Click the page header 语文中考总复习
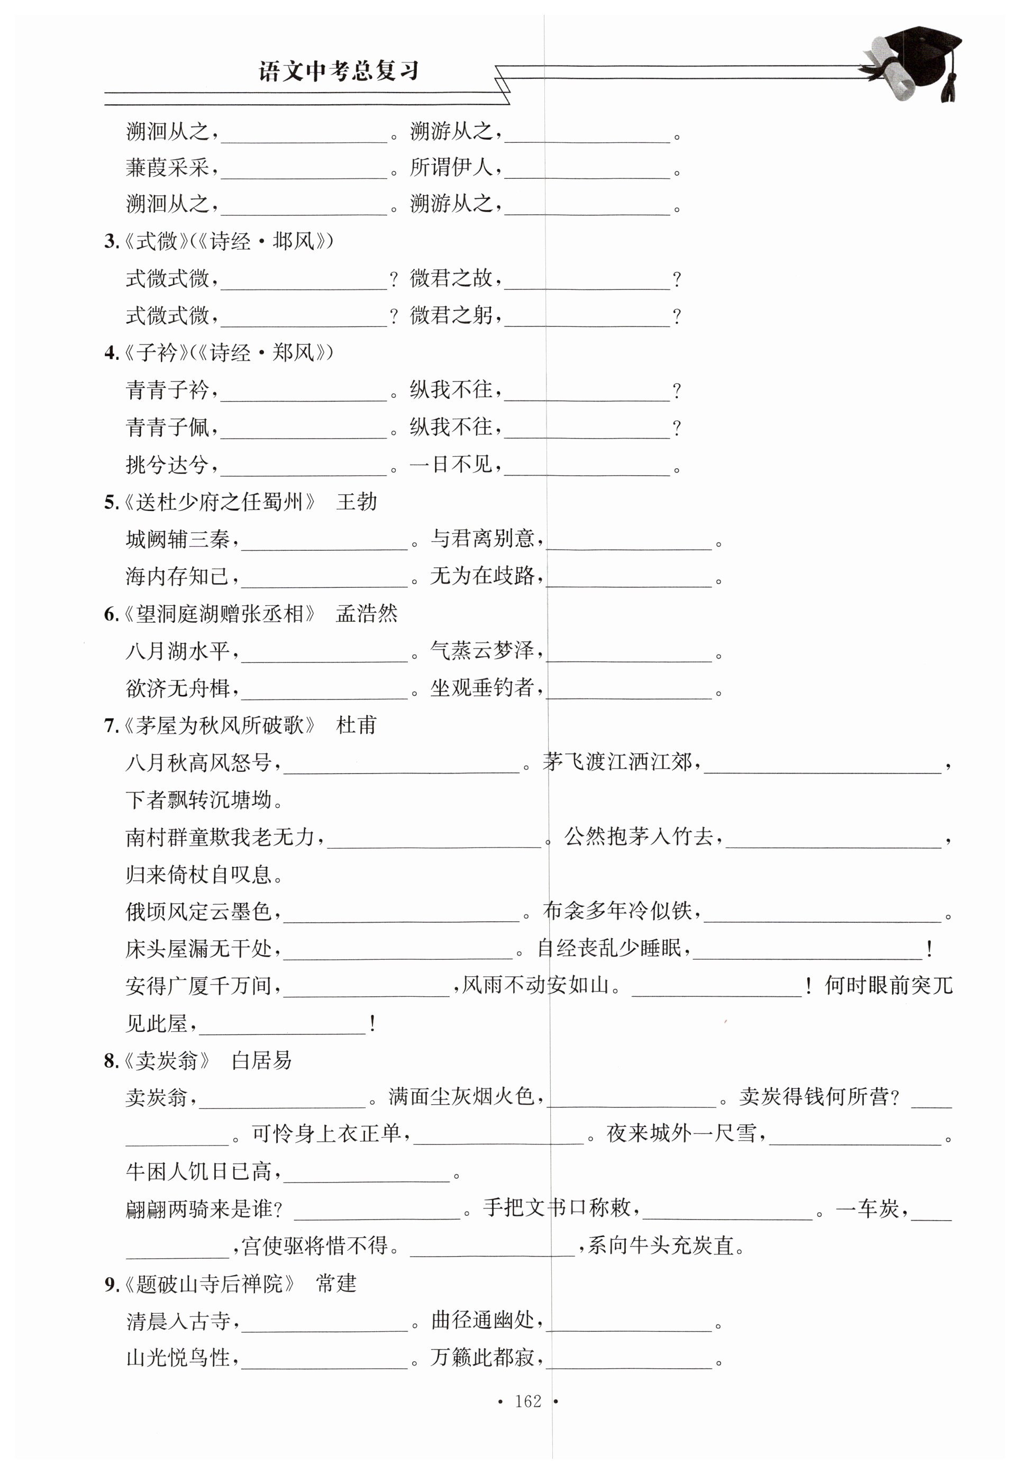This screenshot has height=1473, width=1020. click(339, 71)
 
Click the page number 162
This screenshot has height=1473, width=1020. click(528, 1401)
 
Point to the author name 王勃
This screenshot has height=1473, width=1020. click(357, 502)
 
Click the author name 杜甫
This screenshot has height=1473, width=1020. click(357, 725)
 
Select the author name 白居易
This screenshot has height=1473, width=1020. click(261, 1061)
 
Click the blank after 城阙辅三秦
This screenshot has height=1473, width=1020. click(325, 542)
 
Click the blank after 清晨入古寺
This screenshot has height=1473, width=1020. click(325, 1323)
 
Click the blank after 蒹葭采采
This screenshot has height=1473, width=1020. click(304, 170)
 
